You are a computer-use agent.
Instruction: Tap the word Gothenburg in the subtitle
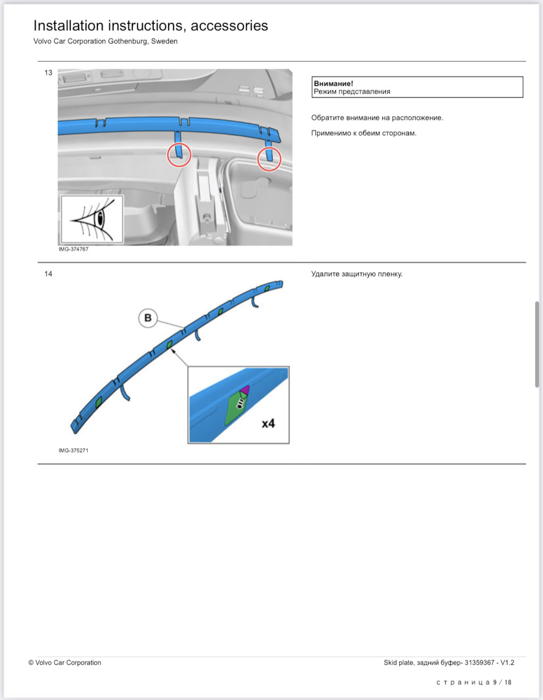pos(128,41)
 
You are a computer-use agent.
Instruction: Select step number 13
pos(48,72)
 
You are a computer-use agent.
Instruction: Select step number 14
pos(48,274)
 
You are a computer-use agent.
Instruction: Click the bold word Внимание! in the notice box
pos(333,83)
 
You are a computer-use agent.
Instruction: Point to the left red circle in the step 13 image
pos(179,154)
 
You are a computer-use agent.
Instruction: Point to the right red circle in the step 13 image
pos(269,159)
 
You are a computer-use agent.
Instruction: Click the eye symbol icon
pos(92,219)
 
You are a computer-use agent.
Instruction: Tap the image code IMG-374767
pos(74,249)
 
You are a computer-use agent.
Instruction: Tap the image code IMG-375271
pos(74,451)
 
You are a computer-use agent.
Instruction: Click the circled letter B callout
pos(148,318)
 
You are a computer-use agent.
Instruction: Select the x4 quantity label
pos(268,424)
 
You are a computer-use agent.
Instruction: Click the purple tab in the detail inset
pos(245,390)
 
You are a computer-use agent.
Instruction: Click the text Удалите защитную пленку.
pos(356,274)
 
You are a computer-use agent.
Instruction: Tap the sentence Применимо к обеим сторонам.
pos(364,133)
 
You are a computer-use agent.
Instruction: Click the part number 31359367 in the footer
pos(480,663)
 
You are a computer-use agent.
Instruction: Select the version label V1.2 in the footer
pos(507,663)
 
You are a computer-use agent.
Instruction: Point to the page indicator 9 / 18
pos(502,682)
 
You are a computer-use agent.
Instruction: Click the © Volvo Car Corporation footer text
pos(65,663)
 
